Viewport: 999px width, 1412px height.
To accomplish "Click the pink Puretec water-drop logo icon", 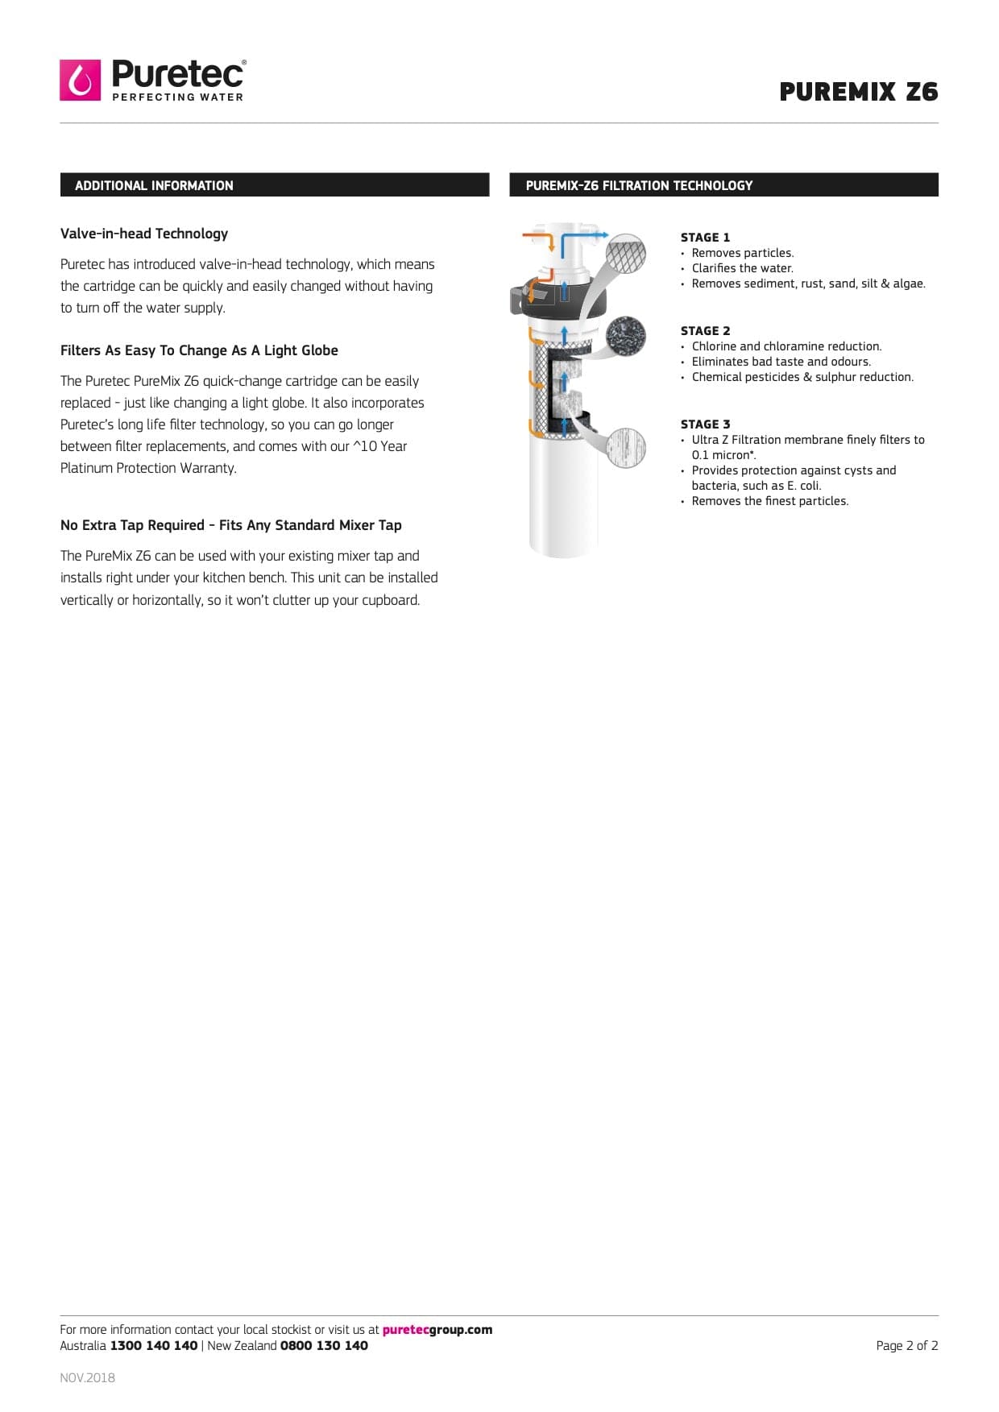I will (80, 80).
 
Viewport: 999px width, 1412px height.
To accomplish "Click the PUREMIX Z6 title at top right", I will (858, 92).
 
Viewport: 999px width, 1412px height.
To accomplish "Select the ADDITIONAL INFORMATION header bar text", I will (154, 185).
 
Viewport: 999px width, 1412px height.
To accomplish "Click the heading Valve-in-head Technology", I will (144, 234).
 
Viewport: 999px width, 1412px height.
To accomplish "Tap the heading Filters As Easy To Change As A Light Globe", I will (199, 350).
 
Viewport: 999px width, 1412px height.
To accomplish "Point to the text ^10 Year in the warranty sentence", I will (380, 446).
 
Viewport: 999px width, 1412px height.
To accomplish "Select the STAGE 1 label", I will (705, 237).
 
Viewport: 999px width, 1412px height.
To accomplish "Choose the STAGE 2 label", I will (705, 330).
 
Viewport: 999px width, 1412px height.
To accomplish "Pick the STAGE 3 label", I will (705, 424).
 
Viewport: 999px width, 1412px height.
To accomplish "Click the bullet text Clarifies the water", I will (742, 268).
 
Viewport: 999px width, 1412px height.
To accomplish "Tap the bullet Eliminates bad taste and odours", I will (781, 362).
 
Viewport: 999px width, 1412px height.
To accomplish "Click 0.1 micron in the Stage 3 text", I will (722, 455).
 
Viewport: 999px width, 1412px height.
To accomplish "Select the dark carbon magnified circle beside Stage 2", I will (625, 334).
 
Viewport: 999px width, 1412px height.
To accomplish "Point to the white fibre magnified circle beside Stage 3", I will (625, 447).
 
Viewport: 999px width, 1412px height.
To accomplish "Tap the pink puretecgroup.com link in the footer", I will (437, 1330).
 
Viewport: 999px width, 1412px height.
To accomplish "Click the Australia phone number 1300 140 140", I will (154, 1346).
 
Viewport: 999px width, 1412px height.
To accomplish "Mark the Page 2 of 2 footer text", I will (906, 1346).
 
